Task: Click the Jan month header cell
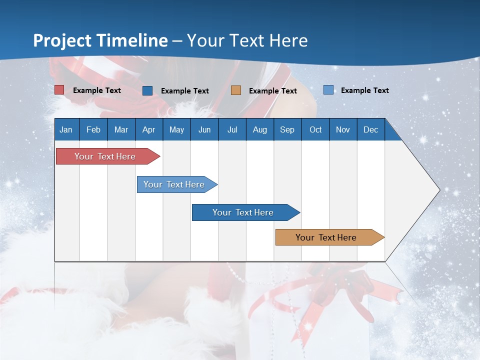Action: coord(66,129)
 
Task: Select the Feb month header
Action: coord(93,129)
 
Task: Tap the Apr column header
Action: coord(148,129)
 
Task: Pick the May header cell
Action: coord(176,129)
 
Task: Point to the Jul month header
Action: coord(232,129)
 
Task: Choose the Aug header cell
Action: coord(259,129)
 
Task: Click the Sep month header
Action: coord(287,129)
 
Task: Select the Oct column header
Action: coord(315,129)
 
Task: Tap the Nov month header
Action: coord(343,129)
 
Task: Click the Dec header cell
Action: coord(370,129)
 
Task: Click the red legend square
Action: coord(59,90)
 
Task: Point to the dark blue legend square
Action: coord(147,90)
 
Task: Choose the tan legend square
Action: coord(236,90)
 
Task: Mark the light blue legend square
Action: coord(328,90)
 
